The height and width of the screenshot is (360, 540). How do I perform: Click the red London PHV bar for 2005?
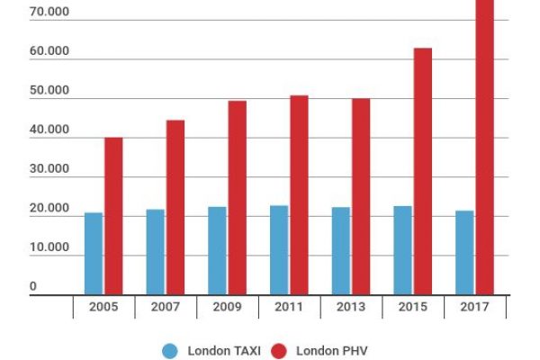[x=113, y=216]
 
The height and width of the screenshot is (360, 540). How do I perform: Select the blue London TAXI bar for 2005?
[x=94, y=254]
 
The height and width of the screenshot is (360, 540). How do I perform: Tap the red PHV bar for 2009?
[x=237, y=198]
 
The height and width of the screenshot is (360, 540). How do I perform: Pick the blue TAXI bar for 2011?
[x=279, y=250]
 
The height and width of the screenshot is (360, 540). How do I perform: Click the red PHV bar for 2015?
[x=422, y=171]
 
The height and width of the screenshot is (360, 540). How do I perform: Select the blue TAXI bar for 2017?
[x=464, y=253]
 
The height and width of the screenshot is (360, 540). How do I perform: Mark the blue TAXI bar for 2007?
[x=156, y=252]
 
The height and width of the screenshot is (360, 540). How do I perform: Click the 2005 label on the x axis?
[x=103, y=308]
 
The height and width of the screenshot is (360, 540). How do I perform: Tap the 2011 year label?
[x=289, y=308]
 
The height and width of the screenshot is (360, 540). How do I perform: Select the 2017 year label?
[x=474, y=308]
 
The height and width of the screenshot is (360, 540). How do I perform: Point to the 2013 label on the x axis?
[x=351, y=308]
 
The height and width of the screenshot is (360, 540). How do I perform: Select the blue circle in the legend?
[x=170, y=350]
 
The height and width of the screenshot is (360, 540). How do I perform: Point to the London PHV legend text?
[x=331, y=350]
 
